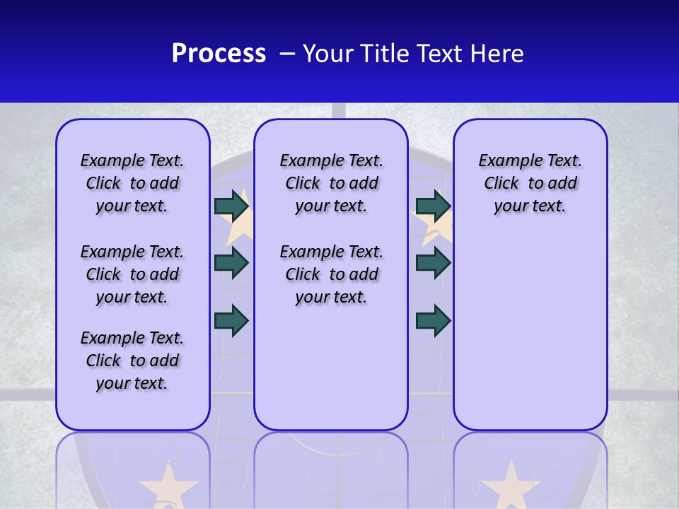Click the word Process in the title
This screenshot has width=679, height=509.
[x=219, y=54]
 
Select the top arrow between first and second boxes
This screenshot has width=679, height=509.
[x=231, y=206]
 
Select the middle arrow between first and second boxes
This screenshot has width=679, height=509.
[x=231, y=263]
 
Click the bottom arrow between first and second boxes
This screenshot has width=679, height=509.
[x=231, y=320]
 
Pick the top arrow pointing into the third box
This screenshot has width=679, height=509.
[x=433, y=206]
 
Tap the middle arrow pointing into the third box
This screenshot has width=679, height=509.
[x=433, y=263]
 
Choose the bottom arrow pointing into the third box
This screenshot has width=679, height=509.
[x=433, y=320]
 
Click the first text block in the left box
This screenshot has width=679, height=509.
[x=132, y=183]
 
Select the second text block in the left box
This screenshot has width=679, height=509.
[x=132, y=274]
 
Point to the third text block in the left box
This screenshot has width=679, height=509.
[x=132, y=361]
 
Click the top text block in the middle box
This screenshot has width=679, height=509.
[x=331, y=183]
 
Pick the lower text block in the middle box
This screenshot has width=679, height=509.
[x=331, y=274]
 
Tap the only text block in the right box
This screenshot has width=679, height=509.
[x=530, y=183]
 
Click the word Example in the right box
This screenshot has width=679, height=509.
[x=504, y=161]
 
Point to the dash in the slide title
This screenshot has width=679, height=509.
[x=288, y=54]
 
